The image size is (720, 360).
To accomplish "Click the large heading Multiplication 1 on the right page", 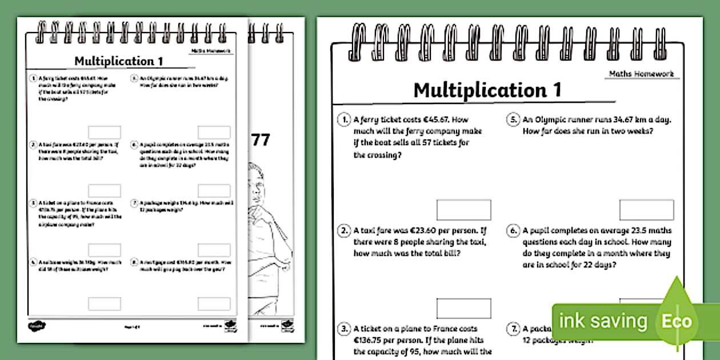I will [487, 90].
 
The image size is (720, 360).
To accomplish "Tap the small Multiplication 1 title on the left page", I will [114, 61].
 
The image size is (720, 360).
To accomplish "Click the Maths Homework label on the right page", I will [641, 74].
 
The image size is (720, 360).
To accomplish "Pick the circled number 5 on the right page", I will [512, 120].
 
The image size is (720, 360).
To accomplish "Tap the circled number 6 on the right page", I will [512, 231].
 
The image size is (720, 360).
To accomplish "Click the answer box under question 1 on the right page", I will [463, 210].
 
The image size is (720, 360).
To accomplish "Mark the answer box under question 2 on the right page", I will [463, 309].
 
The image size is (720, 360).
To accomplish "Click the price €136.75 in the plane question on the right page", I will [372, 341].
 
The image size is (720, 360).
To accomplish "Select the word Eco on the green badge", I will [677, 321].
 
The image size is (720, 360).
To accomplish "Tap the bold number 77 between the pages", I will [261, 141].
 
